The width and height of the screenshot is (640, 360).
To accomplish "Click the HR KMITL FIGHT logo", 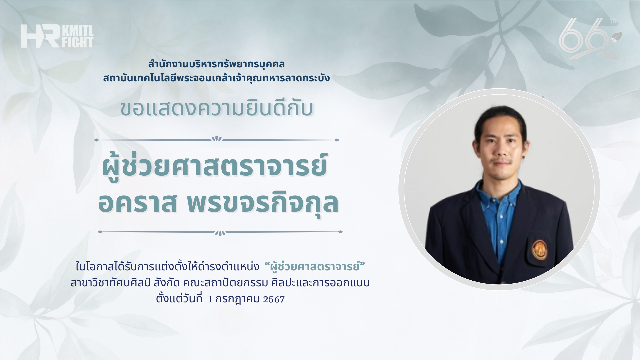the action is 57,36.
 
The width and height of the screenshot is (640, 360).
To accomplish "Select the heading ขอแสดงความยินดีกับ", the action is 217,109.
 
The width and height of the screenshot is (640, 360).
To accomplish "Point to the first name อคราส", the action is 137,202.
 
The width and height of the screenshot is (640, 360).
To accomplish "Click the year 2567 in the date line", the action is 274,299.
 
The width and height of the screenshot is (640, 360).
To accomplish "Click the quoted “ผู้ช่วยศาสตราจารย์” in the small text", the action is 315,267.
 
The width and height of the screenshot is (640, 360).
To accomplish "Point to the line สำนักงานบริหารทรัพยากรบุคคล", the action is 217,64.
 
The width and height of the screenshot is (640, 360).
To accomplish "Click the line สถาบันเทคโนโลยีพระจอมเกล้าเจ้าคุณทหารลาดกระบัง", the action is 216,78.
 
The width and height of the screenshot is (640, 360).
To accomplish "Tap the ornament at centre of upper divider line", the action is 217,139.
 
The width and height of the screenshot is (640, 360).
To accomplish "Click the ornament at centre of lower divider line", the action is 220,233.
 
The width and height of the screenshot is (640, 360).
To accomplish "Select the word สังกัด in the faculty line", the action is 167,283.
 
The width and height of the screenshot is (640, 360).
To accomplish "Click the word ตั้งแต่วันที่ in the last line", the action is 179,298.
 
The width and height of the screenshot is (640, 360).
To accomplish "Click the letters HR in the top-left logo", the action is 40,36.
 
